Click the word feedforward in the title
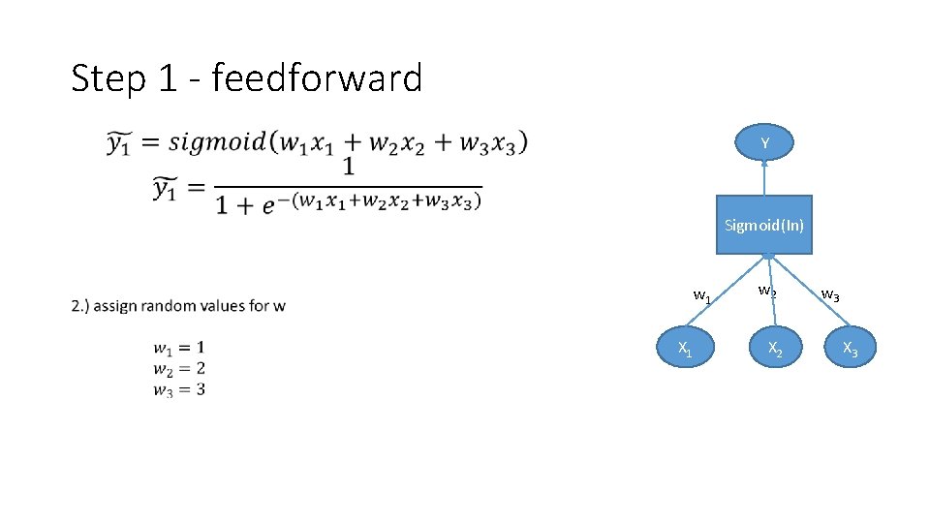click(x=317, y=77)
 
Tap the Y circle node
click(x=764, y=143)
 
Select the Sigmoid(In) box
click(x=764, y=226)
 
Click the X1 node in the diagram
click(x=685, y=349)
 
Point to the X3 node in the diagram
click(x=850, y=349)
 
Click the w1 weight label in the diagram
click(x=702, y=295)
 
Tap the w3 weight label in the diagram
click(x=830, y=294)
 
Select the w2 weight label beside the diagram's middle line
click(x=766, y=291)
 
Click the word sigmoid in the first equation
click(x=218, y=141)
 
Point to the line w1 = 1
click(x=178, y=348)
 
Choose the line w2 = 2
click(x=178, y=368)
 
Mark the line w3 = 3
click(x=178, y=389)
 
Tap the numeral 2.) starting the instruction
click(x=79, y=306)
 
